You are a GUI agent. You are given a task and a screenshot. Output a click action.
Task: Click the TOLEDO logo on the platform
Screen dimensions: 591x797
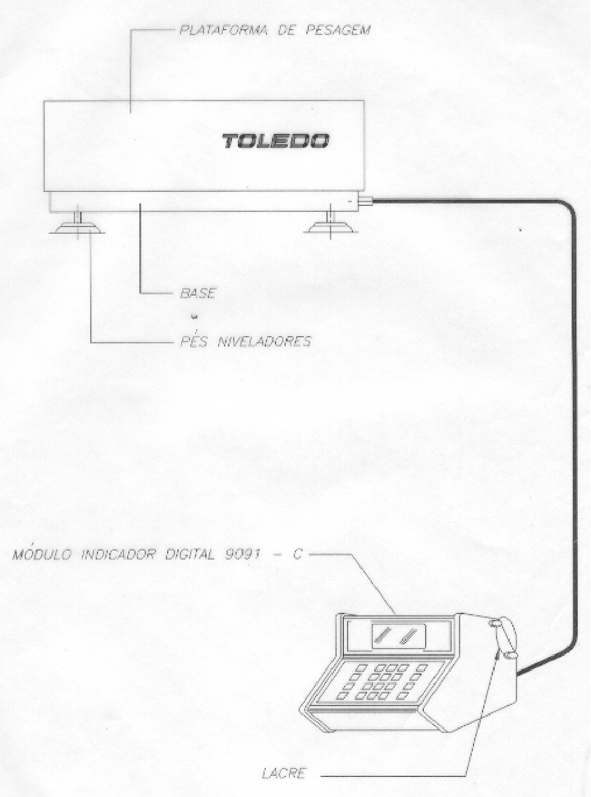pos(276,141)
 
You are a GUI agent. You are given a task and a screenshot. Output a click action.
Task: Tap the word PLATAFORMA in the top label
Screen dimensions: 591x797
pos(223,30)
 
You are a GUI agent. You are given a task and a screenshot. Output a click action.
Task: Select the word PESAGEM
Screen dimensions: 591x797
pos(338,30)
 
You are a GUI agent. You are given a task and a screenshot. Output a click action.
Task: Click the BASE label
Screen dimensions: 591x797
pos(197,293)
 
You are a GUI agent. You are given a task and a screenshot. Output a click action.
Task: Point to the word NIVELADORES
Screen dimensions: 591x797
pos(264,341)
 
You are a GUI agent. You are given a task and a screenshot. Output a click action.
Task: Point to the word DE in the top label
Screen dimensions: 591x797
pos(286,30)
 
